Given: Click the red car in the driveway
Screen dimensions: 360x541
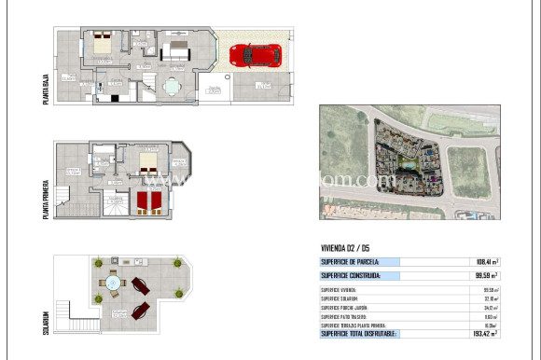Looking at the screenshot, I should pyautogui.click(x=256, y=55).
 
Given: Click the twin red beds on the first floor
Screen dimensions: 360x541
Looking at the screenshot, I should pyautogui.click(x=149, y=201).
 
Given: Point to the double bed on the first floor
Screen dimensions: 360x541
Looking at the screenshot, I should pyautogui.click(x=149, y=162).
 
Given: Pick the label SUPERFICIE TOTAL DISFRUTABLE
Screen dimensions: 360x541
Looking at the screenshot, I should pyautogui.click(x=359, y=333).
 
